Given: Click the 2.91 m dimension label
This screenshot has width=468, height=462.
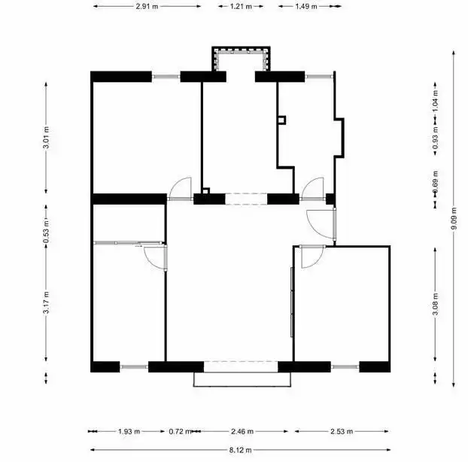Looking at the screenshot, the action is pos(147,6).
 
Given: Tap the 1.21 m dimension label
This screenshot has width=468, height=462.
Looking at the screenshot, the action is pos(241,6).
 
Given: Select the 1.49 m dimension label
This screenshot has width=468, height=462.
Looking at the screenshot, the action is pos(306,6).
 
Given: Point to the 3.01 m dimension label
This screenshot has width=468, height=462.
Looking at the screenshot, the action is pos(46,138).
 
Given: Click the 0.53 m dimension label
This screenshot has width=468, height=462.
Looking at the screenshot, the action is pos(46,232).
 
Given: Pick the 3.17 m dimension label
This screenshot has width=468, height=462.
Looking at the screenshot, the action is pos(46,302).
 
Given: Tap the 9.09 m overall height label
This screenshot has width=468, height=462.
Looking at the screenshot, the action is pos(454,218).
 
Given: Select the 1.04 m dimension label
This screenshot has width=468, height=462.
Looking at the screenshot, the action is pos(435,101).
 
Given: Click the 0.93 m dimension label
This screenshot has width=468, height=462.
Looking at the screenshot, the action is pos(435,138).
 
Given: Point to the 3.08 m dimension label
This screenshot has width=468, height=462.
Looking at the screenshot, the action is pos(435,305).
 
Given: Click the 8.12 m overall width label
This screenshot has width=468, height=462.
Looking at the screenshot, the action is pos(241,450).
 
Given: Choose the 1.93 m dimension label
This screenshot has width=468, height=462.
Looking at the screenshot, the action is pos(129,432).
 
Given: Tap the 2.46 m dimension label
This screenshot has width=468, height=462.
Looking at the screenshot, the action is pos(242,432).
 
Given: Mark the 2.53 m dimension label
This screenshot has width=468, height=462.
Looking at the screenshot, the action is pos(342,432).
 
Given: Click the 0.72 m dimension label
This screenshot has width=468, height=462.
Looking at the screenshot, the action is pos(180,432).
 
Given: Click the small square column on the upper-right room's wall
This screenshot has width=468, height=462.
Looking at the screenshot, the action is pos(281,120).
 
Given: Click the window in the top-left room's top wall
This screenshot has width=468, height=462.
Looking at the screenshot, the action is pos(166,77).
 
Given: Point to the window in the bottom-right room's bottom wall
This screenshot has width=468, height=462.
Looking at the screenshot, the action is pos(345,366).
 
